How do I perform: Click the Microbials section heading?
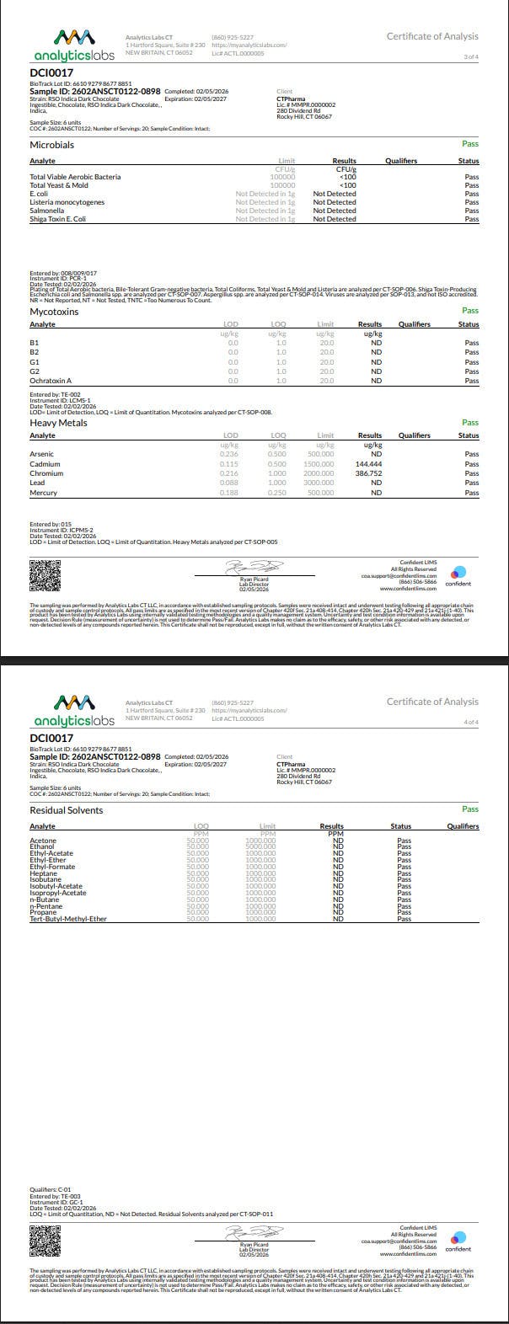(51, 145)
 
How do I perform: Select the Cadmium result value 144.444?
(369, 464)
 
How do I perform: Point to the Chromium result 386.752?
(369, 473)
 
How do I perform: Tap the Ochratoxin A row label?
(51, 381)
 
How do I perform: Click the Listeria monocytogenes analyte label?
(67, 202)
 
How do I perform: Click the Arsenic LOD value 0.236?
(229, 454)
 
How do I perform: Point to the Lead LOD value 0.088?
(229, 483)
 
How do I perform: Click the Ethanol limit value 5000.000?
(260, 846)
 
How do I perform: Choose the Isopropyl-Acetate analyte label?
(58, 893)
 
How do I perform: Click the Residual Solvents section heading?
(67, 810)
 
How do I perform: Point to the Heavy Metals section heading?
(58, 423)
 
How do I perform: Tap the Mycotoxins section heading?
(54, 312)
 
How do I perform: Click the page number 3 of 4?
(470, 56)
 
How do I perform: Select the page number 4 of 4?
(470, 722)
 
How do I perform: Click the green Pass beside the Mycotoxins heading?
(469, 311)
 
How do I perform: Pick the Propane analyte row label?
(43, 912)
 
